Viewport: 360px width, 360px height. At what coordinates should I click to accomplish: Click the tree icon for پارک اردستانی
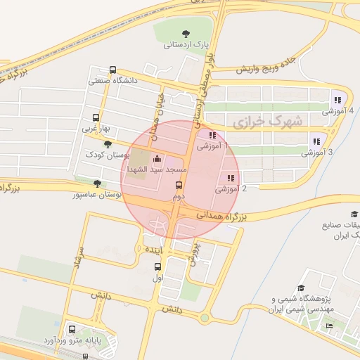[x=186, y=33]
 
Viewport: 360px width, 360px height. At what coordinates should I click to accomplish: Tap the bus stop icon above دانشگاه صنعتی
[x=112, y=70]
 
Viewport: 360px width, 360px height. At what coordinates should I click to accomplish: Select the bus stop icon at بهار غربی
[x=96, y=118]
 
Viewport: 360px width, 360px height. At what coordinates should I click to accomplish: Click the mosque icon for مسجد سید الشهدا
[x=156, y=160]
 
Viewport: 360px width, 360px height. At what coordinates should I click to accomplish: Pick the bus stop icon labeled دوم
[x=179, y=186]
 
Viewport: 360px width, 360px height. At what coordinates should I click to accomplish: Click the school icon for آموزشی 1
[x=212, y=135]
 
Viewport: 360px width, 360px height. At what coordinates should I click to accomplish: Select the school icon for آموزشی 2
[x=230, y=178]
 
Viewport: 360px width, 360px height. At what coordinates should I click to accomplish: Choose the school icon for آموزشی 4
[x=337, y=101]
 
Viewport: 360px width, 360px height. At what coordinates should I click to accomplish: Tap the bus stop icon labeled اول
[x=157, y=267]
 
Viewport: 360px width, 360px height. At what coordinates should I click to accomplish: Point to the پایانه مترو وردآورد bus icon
[x=72, y=328]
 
